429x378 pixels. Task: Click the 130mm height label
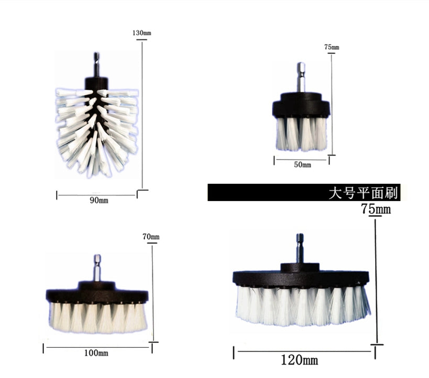click(141, 33)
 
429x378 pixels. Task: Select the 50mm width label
click(302, 165)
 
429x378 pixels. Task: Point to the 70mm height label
click(151, 237)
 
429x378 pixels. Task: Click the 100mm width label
click(96, 353)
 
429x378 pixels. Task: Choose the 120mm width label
click(300, 360)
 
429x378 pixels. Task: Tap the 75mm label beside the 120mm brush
click(376, 209)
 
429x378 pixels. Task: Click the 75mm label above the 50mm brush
click(332, 47)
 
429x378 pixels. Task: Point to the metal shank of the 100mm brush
click(97, 268)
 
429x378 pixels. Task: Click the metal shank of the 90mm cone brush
click(96, 64)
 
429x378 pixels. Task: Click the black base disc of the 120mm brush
click(301, 277)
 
